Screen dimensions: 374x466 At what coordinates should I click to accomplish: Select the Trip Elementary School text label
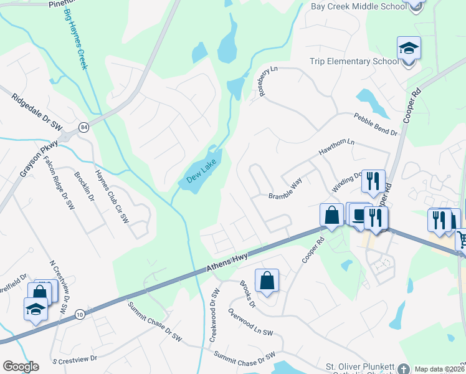pyautogui.click(x=354, y=62)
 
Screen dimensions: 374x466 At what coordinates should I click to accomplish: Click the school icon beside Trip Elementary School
pyautogui.click(x=409, y=49)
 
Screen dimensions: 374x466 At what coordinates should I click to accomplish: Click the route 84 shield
pyautogui.click(x=83, y=127)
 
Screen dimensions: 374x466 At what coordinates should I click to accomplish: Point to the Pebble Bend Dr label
pyautogui.click(x=375, y=123)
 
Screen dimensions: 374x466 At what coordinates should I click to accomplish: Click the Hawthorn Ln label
pyautogui.click(x=336, y=148)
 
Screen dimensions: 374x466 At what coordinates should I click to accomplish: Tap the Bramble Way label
pyautogui.click(x=285, y=189)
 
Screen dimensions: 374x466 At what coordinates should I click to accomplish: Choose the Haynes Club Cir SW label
pyautogui.click(x=111, y=196)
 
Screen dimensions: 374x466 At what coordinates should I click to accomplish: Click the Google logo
pyautogui.click(x=21, y=367)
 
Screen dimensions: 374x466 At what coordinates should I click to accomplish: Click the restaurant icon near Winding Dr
pyautogui.click(x=373, y=181)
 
